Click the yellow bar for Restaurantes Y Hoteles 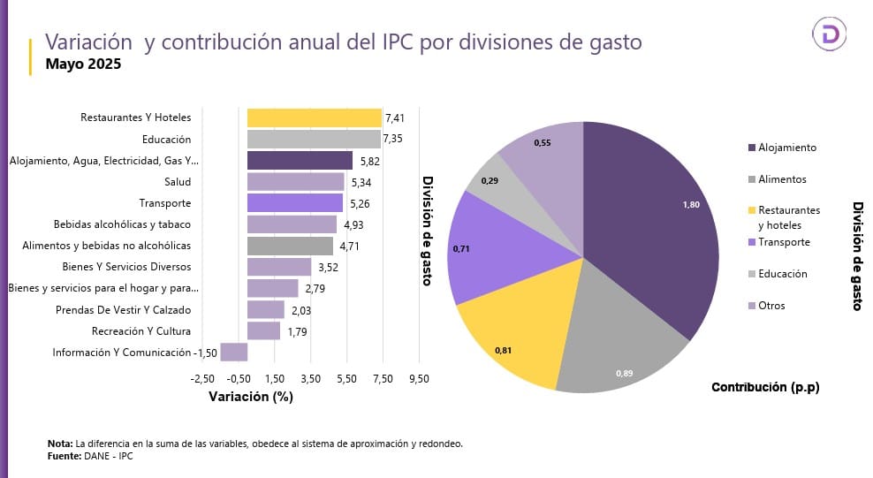point(314,118)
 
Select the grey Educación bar point(314,139)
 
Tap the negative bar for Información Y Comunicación point(233,352)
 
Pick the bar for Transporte point(294,203)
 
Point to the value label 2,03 point(300,310)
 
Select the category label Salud point(178,182)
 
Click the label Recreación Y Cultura point(141,331)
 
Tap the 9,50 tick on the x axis point(418,378)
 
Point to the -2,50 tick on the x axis point(202,378)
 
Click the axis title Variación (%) point(250,397)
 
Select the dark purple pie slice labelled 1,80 point(654,221)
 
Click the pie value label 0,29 point(489,180)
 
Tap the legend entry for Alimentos point(782,179)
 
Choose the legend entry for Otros point(771,306)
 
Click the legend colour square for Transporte point(751,242)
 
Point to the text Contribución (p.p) point(764,387)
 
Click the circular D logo point(829,34)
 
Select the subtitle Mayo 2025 point(83,64)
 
